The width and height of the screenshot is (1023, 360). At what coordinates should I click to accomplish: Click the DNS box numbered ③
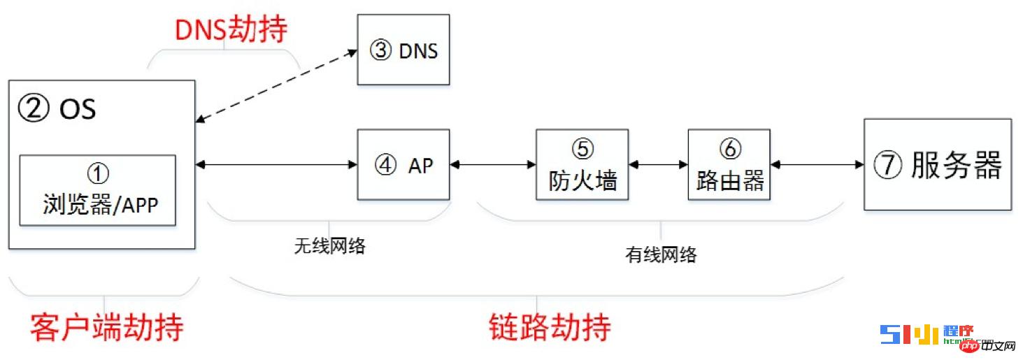(x=403, y=50)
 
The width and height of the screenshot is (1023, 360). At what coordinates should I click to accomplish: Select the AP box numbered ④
(x=403, y=164)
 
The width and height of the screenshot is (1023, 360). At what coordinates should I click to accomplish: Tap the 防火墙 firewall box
(x=582, y=164)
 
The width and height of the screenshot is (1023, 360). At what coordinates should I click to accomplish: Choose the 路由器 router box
(x=729, y=164)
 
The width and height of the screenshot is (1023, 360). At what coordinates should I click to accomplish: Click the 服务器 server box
(x=937, y=164)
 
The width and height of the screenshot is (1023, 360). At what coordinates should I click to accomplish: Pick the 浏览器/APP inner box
(x=96, y=190)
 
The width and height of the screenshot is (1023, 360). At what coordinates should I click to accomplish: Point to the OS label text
(x=77, y=110)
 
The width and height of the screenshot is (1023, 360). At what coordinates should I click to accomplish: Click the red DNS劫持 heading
(x=231, y=30)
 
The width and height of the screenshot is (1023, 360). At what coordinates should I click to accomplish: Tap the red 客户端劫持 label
(x=106, y=327)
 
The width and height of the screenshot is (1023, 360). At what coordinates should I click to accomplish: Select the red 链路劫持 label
(x=549, y=326)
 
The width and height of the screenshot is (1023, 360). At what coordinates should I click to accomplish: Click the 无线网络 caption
(x=329, y=246)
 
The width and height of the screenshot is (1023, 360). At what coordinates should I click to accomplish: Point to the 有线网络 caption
(x=661, y=254)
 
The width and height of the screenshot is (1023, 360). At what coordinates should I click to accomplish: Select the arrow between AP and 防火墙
(x=492, y=165)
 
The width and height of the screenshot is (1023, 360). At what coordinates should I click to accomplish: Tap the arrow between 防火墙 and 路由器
(x=658, y=165)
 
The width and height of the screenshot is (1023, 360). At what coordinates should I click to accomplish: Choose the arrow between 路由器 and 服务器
(x=817, y=165)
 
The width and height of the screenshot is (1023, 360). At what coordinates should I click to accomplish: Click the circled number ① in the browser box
(x=96, y=172)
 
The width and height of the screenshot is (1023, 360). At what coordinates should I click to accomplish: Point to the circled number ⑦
(x=889, y=165)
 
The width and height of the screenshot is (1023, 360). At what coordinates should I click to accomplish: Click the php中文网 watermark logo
(x=947, y=337)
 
